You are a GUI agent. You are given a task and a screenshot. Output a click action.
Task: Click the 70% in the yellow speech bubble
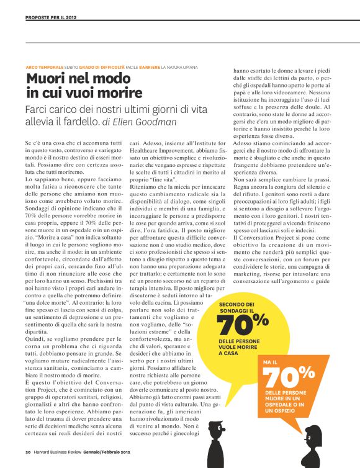(x=243, y=323)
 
